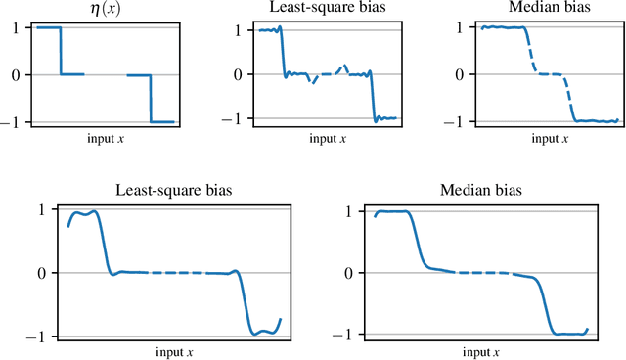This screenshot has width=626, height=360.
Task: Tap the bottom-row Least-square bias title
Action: (173, 190)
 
